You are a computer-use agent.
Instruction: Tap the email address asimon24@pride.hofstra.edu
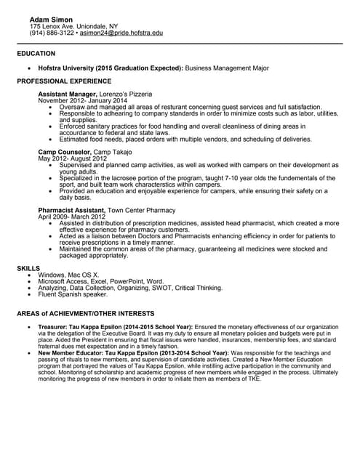pyautogui.click(x=121, y=33)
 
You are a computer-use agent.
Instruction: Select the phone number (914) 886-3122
pyautogui.click(x=52, y=33)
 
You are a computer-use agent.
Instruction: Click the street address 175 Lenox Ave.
pyautogui.click(x=55, y=26)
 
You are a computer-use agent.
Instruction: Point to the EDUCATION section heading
pyautogui.click(x=36, y=54)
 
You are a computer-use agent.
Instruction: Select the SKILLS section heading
pyautogui.click(x=30, y=269)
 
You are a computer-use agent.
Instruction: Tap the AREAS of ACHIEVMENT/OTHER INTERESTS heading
pyautogui.click(x=86, y=313)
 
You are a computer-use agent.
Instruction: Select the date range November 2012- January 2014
pyautogui.click(x=82, y=101)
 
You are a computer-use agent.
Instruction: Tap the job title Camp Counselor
pyautogui.click(x=64, y=152)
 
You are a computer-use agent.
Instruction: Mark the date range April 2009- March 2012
pyautogui.click(x=72, y=217)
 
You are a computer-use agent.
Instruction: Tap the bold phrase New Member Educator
pyautogui.click(x=71, y=352)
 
